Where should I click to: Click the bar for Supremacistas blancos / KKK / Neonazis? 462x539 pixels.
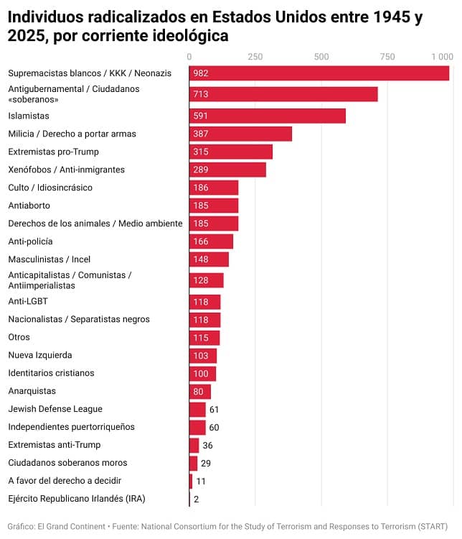click(x=319, y=73)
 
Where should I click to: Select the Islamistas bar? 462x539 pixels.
click(x=268, y=116)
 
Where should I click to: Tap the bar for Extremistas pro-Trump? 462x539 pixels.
click(x=231, y=152)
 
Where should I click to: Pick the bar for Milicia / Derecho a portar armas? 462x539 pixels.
click(x=240, y=134)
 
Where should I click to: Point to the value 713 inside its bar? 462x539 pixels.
click(x=201, y=94)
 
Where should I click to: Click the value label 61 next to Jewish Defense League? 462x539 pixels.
click(x=214, y=409)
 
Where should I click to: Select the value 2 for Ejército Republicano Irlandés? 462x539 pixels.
click(x=196, y=499)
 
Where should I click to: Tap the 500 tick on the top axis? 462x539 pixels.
click(x=321, y=56)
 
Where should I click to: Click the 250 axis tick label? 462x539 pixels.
click(x=255, y=56)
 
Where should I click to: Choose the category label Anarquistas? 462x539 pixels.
click(x=32, y=391)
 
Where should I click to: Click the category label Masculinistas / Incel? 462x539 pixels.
click(x=49, y=259)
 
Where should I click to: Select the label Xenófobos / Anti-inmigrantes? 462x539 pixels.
click(x=66, y=170)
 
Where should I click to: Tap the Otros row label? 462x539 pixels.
click(x=19, y=337)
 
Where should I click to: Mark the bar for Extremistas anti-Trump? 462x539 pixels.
click(x=194, y=445)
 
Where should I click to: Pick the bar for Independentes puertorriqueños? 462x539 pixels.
click(x=197, y=427)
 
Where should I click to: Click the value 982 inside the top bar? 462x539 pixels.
click(x=201, y=73)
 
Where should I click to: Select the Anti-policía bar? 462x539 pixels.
click(x=211, y=241)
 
